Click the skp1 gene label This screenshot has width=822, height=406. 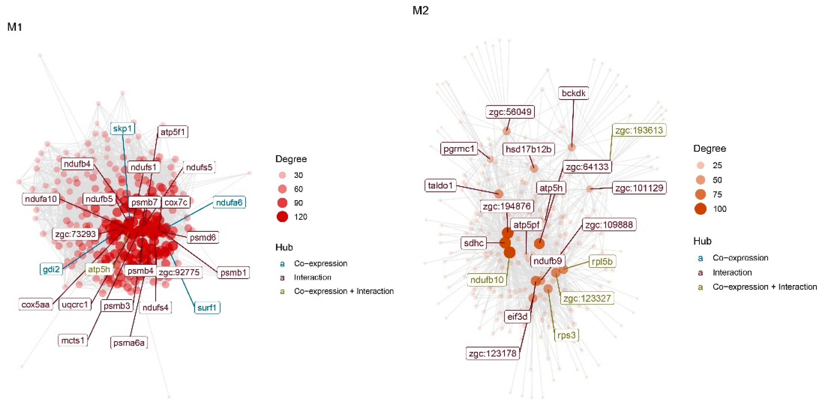[122, 128]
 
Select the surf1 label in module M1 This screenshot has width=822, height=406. [207, 308]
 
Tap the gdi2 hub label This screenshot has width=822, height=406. [51, 269]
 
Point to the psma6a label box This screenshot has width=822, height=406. [129, 343]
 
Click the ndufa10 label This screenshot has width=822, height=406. [41, 199]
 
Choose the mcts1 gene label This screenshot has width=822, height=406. [73, 341]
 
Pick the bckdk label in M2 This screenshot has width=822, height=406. [574, 93]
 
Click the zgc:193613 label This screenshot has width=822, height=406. [639, 130]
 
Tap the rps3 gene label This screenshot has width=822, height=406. [566, 335]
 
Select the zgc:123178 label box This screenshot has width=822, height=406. [492, 353]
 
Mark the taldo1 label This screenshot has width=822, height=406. [440, 185]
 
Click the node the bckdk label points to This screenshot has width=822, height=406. [572, 147]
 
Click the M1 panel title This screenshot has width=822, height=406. [15, 27]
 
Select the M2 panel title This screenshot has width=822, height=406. [420, 10]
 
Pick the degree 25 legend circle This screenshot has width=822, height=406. [700, 165]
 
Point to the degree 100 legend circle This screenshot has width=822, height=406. [700, 209]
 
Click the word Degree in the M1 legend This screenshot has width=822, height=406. [291, 159]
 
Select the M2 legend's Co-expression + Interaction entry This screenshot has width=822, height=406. [765, 287]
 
